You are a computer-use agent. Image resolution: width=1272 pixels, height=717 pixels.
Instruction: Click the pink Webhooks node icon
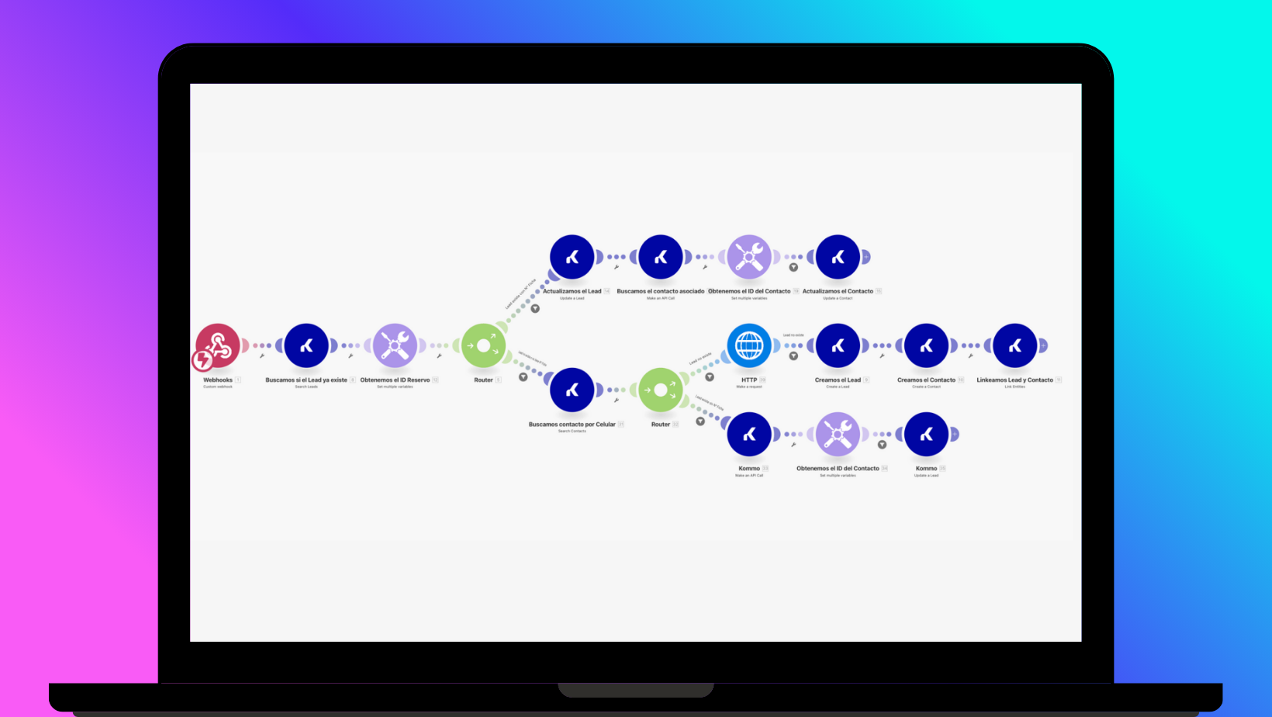[x=218, y=345]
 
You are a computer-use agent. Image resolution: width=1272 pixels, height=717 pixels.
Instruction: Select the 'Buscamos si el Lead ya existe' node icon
[x=306, y=345]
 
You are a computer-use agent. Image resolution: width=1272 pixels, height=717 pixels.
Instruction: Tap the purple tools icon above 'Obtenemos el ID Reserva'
[x=395, y=345]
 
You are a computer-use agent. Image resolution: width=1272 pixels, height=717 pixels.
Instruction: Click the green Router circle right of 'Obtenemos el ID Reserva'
[x=483, y=345]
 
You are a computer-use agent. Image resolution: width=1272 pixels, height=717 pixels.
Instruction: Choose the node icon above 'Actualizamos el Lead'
[x=572, y=257]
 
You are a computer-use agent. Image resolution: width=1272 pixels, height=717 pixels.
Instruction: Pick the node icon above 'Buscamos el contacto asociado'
[x=661, y=257]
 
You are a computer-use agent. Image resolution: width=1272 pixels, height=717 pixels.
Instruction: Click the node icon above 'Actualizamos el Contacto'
[x=838, y=257]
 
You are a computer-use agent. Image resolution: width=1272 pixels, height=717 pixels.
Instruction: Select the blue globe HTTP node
[x=749, y=345]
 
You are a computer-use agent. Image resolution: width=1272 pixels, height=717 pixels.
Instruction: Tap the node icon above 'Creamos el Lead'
[x=838, y=345]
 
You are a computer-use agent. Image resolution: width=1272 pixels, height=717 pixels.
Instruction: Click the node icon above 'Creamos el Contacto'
[x=926, y=345]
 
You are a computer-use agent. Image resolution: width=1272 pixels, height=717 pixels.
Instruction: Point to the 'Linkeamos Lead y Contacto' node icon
[x=1014, y=345]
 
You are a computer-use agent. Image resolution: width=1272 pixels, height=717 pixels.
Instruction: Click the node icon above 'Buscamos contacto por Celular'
[x=572, y=390]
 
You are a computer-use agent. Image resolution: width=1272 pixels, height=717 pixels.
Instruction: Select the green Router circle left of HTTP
[x=661, y=390]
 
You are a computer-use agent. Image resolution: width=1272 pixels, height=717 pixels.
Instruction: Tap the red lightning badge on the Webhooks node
[x=203, y=359]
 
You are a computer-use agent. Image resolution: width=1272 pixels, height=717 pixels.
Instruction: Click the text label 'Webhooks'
[x=218, y=380]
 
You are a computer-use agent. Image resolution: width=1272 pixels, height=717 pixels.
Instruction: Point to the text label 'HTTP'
[x=749, y=380]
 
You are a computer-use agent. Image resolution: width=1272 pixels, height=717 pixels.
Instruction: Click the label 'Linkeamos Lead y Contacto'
[x=1014, y=380]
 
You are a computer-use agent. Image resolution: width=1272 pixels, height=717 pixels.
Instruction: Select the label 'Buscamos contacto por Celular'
[x=572, y=424]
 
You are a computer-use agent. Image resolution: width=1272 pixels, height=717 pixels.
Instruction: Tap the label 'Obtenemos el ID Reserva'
[x=395, y=380]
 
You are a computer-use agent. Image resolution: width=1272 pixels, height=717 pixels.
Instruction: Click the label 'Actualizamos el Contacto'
[x=838, y=292]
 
